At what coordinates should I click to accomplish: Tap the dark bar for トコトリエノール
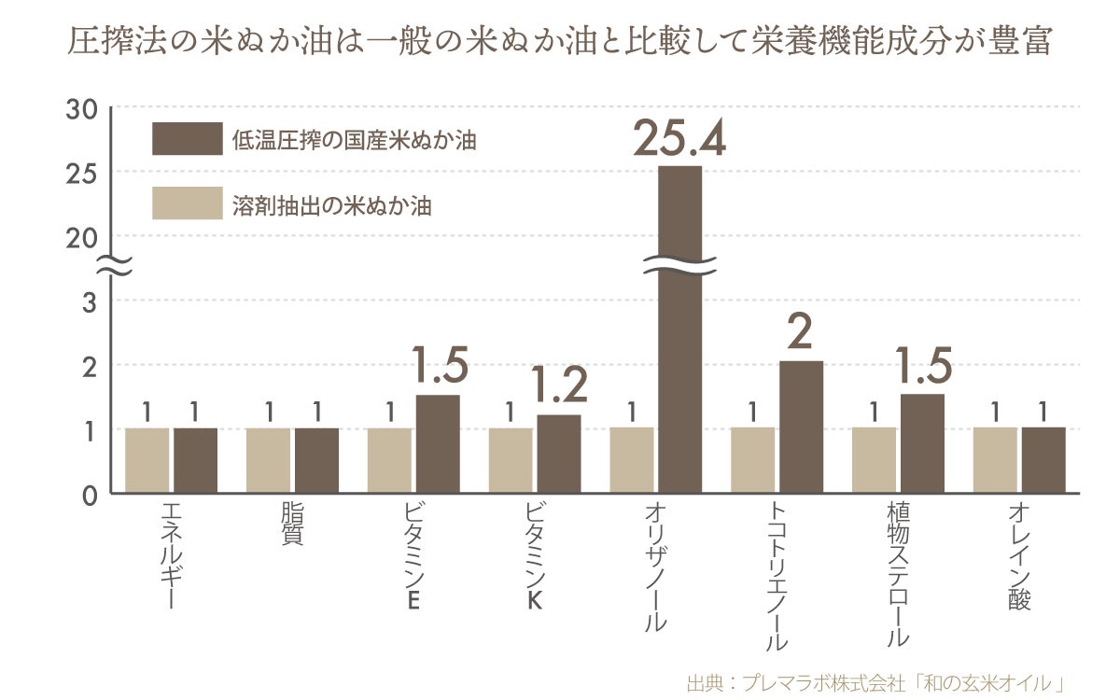(801, 427)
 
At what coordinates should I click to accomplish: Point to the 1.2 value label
(559, 385)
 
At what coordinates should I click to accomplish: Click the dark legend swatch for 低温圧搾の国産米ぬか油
(187, 139)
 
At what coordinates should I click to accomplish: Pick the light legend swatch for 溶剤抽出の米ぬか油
(187, 203)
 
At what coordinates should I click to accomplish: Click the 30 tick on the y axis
(82, 109)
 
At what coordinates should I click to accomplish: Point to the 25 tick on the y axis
(82, 174)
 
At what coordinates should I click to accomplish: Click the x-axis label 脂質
(292, 525)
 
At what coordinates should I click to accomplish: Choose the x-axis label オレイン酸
(1019, 556)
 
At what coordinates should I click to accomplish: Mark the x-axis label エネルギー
(171, 556)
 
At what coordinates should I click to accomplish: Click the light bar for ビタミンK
(511, 460)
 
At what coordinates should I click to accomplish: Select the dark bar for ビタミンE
(438, 443)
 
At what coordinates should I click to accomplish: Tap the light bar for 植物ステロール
(874, 460)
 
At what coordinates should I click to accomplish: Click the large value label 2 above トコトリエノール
(801, 331)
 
